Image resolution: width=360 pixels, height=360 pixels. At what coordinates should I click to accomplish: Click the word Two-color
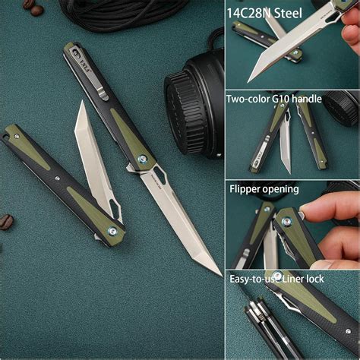tap(252, 98)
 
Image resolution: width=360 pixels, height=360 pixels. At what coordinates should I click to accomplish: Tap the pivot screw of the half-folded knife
tap(113, 230)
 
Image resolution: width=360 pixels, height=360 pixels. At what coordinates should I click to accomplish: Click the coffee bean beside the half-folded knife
tap(6, 221)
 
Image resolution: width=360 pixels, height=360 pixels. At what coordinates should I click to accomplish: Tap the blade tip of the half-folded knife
tap(79, 106)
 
